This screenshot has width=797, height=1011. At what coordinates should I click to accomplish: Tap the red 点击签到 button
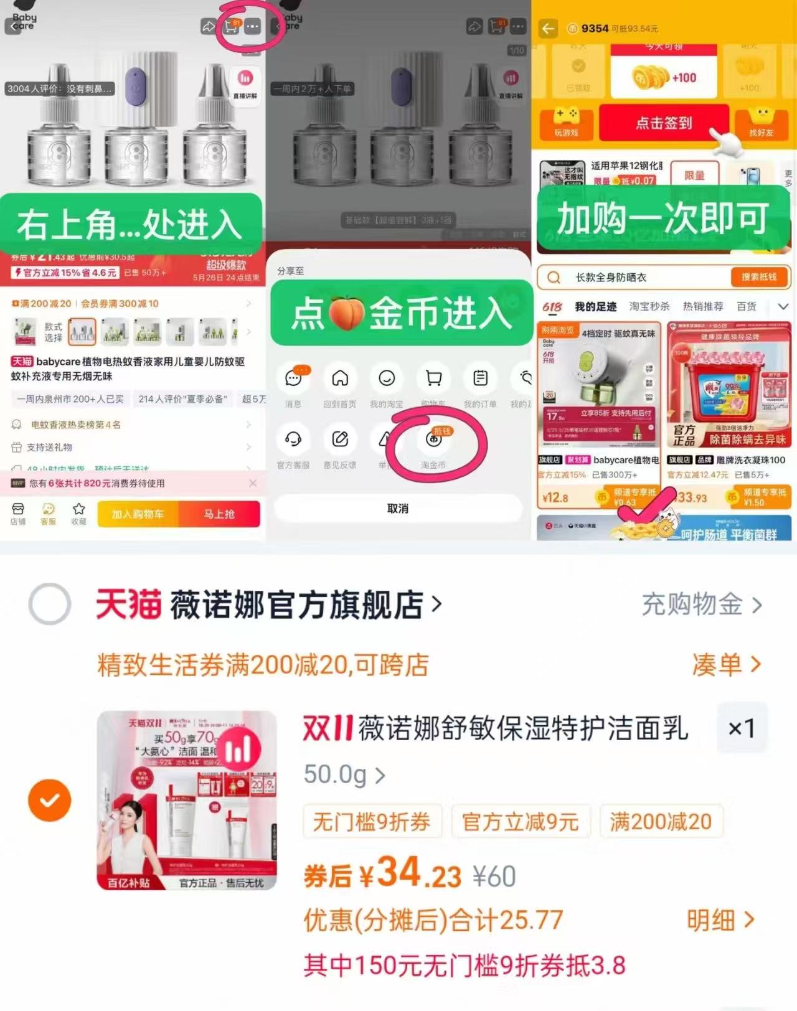[664, 123]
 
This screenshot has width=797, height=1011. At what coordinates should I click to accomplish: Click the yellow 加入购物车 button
[138, 514]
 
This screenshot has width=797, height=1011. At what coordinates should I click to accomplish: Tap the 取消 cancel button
[398, 509]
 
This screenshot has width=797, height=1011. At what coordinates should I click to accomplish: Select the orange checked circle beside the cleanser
[50, 800]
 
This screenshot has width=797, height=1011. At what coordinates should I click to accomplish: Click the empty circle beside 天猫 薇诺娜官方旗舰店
[50, 604]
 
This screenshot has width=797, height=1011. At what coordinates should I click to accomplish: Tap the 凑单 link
[726, 665]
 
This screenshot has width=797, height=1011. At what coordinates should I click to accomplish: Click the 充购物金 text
[701, 604]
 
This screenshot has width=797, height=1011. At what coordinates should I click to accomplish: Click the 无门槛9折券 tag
[372, 822]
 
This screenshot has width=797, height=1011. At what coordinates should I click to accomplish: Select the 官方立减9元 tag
[521, 822]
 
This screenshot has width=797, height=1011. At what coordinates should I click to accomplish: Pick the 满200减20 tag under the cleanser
[661, 822]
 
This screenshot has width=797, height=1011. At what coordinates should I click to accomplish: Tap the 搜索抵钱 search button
[758, 277]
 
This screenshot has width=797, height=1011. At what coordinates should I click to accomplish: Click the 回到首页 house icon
[340, 379]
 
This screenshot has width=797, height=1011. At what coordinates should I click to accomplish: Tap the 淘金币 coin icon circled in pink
[434, 440]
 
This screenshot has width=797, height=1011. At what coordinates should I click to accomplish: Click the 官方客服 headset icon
[293, 440]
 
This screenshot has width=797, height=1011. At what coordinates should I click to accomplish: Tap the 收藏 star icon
[78, 509]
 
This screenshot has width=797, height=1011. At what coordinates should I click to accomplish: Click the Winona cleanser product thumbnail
[187, 800]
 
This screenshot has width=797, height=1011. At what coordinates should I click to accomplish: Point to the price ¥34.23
[411, 873]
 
